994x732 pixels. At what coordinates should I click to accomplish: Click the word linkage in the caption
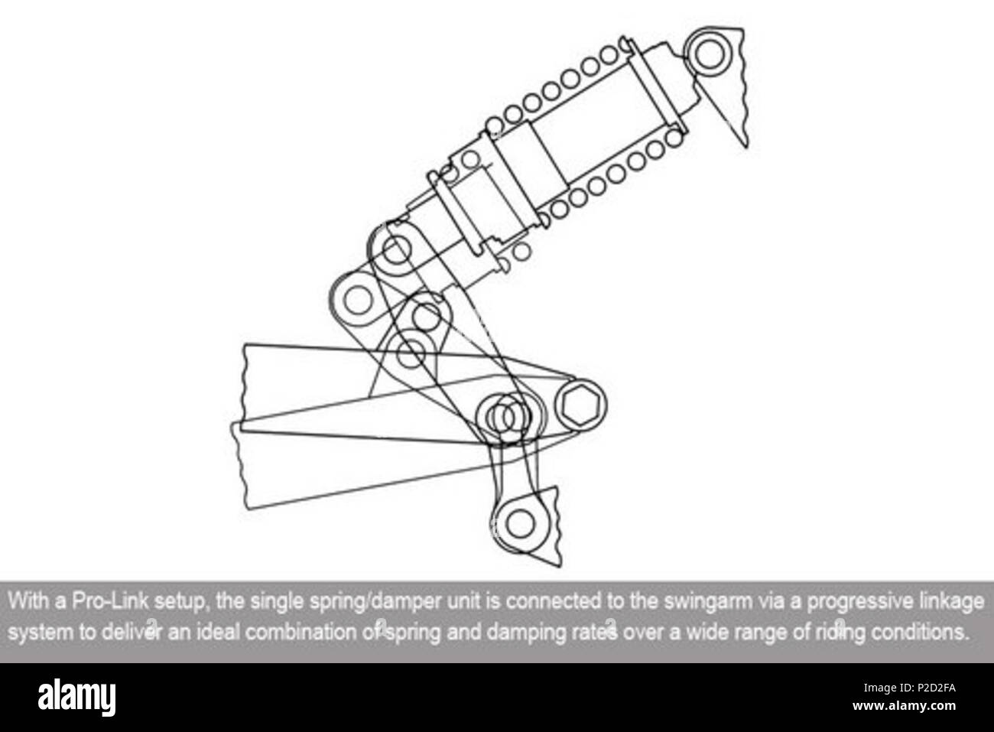click(x=951, y=601)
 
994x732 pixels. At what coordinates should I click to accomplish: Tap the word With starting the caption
click(x=28, y=601)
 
